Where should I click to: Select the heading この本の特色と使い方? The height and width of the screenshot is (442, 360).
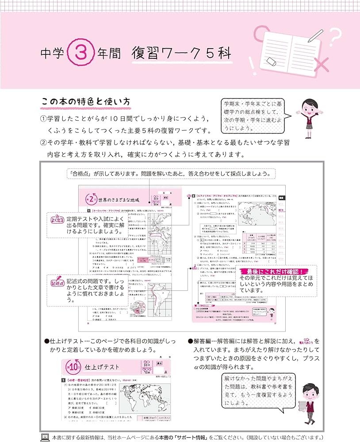click(x=85, y=102)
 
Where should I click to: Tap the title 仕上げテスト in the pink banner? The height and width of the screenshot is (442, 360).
click(x=102, y=367)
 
